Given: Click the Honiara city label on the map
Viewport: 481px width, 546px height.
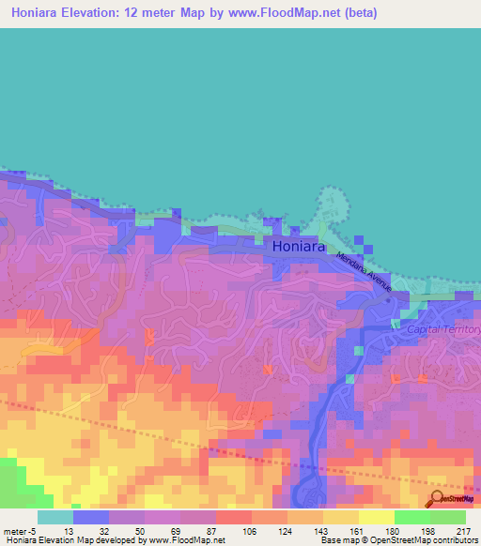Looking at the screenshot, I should pyautogui.click(x=299, y=247).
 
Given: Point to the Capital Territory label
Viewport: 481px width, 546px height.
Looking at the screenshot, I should pyautogui.click(x=444, y=330).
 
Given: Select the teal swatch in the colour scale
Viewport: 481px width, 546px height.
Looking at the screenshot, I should pyautogui.click(x=55, y=517).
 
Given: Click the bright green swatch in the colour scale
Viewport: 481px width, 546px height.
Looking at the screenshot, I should pyautogui.click(x=411, y=517).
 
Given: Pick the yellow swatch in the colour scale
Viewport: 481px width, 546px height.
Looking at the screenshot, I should pyautogui.click(x=376, y=517).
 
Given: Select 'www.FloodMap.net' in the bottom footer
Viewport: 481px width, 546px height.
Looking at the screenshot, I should pyautogui.click(x=183, y=540).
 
